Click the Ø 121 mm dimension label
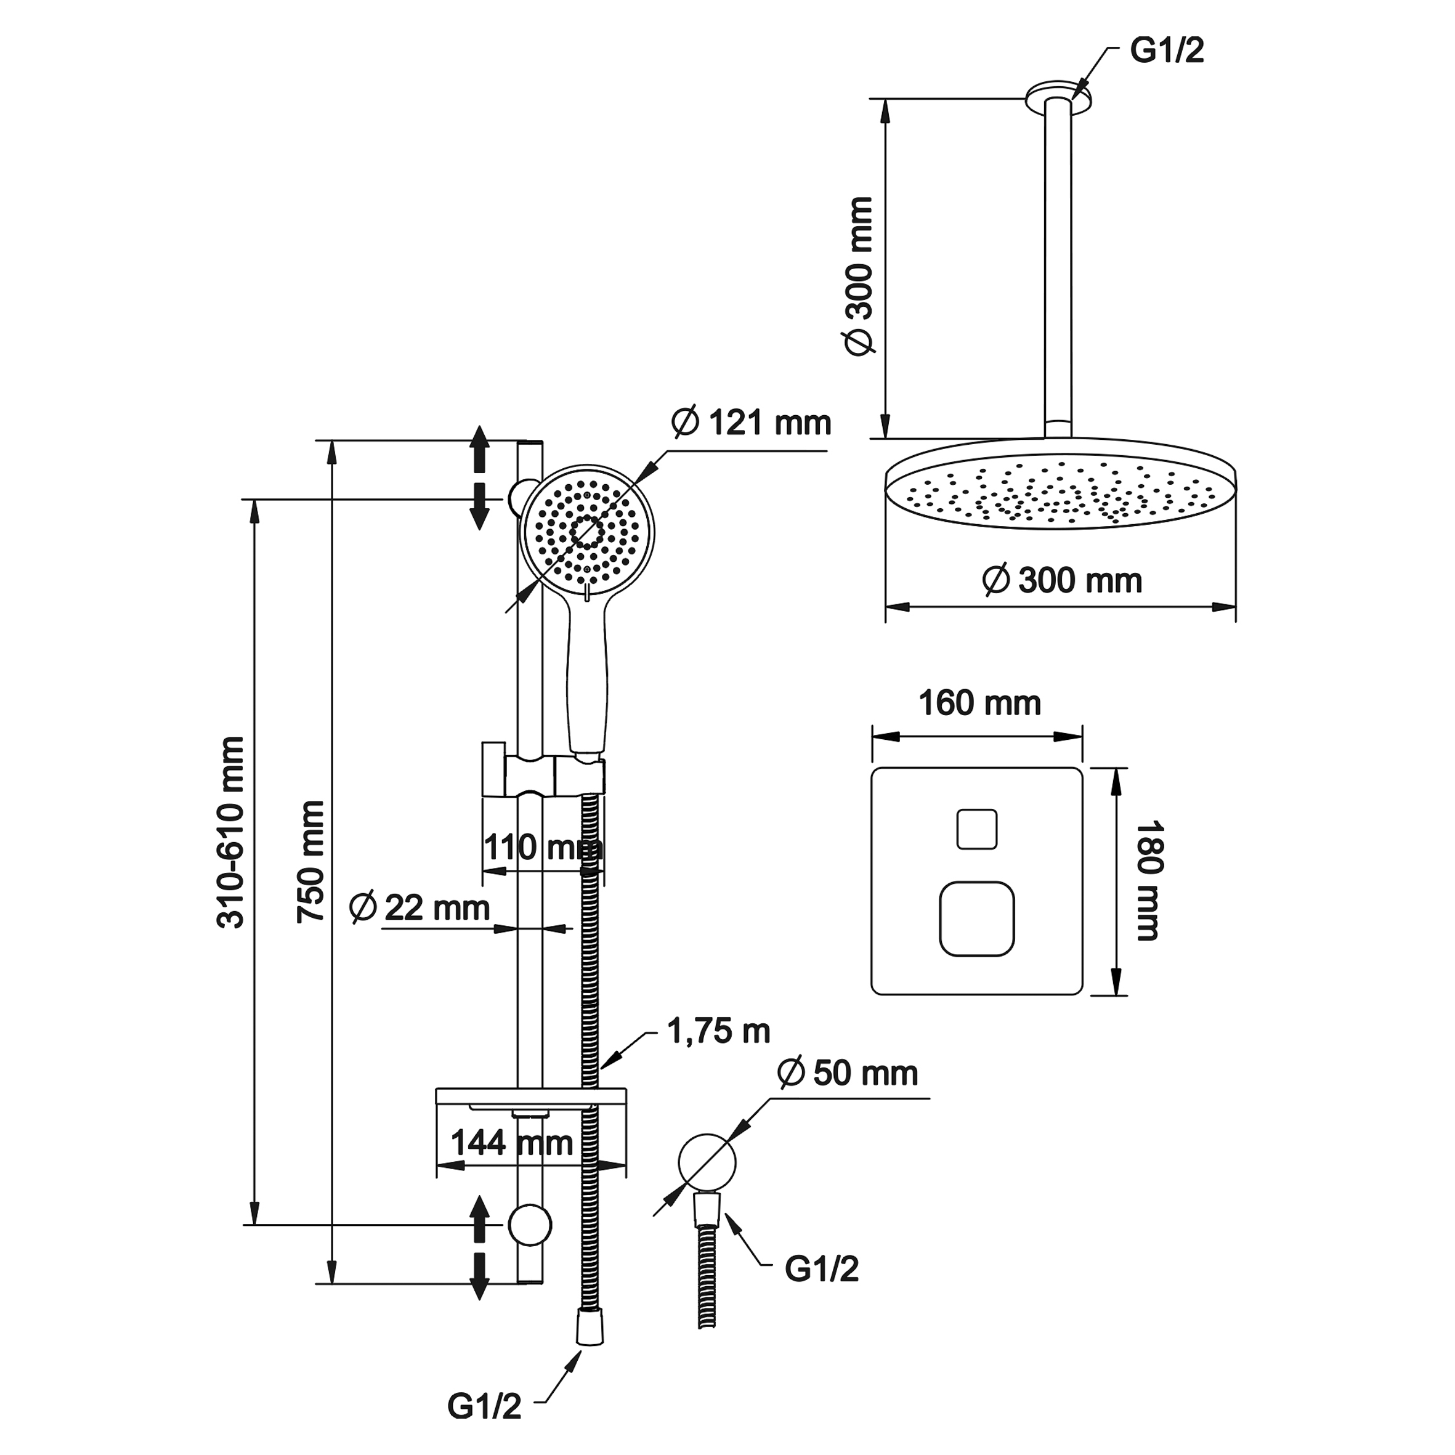pyautogui.click(x=751, y=423)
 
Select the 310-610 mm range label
pyautogui.click(x=231, y=833)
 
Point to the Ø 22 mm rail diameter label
pyautogui.click(x=419, y=907)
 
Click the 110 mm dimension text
pyautogui.click(x=542, y=847)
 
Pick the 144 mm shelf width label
pyautogui.click(x=511, y=1143)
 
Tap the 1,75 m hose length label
pyautogui.click(x=718, y=1032)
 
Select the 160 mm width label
pyautogui.click(x=979, y=703)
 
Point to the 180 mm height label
pyautogui.click(x=1148, y=881)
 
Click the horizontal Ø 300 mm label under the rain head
pyautogui.click(x=1062, y=581)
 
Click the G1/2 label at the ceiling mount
pyautogui.click(x=1167, y=51)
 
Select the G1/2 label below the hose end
pyautogui.click(x=484, y=1407)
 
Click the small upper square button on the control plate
pyautogui.click(x=977, y=829)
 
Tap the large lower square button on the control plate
pyautogui.click(x=977, y=919)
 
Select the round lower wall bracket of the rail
pyautogui.click(x=529, y=1224)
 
